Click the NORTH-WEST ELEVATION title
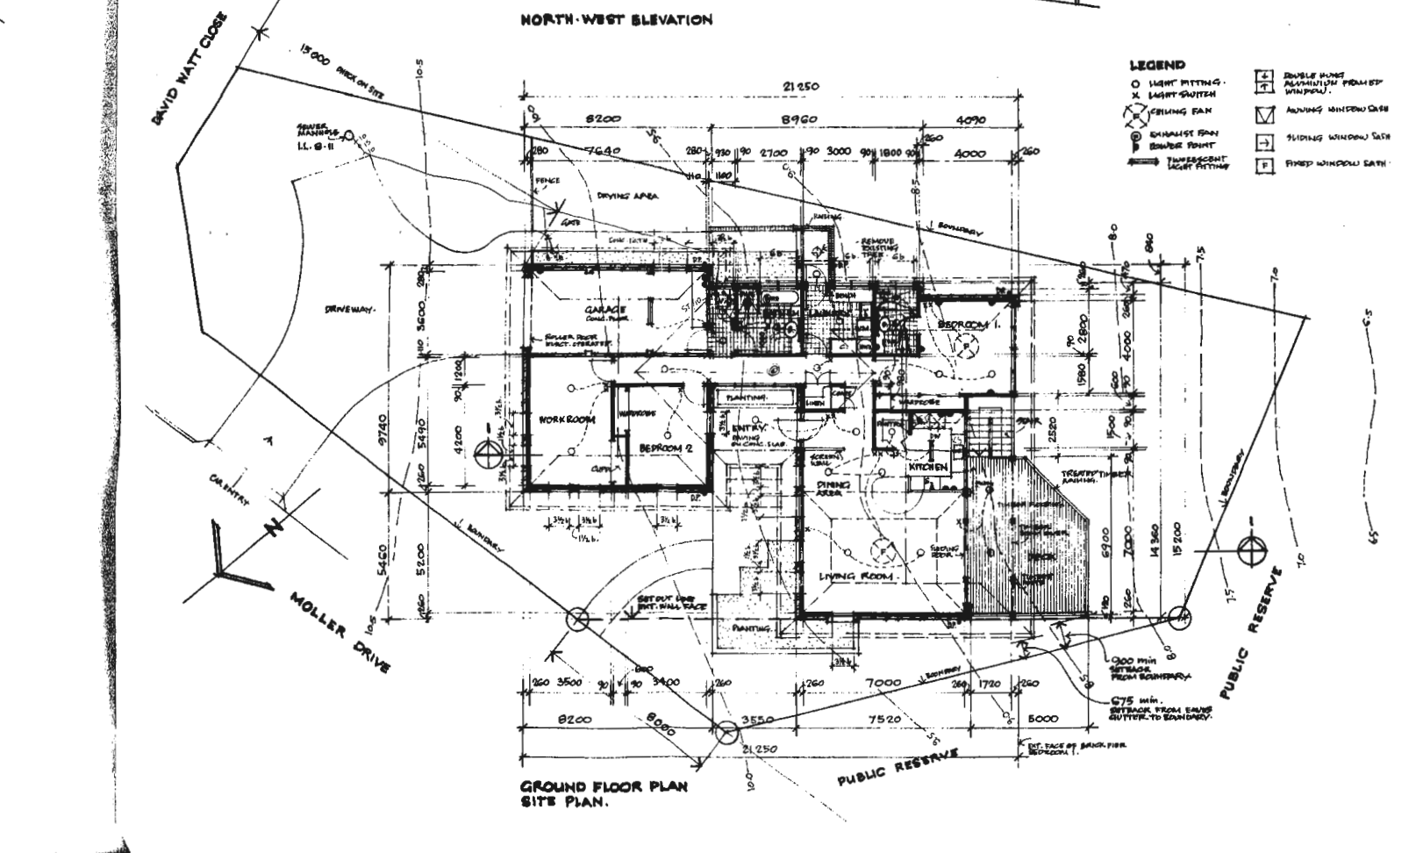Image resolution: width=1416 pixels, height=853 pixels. (x=616, y=19)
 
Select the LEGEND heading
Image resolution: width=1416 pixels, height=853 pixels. (x=1156, y=64)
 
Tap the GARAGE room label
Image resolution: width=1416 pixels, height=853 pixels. (x=605, y=310)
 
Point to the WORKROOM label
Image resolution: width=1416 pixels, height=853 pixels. (x=568, y=419)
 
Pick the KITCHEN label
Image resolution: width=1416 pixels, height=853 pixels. (x=928, y=468)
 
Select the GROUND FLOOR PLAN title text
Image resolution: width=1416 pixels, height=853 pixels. (x=604, y=786)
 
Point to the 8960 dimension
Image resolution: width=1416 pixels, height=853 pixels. (x=799, y=119)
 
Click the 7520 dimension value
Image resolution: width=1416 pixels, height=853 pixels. (x=883, y=719)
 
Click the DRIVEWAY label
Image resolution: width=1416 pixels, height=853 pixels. (x=349, y=310)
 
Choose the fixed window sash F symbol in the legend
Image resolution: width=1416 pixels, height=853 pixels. (x=1264, y=164)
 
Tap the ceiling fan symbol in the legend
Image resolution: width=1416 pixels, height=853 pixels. (x=1137, y=112)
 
